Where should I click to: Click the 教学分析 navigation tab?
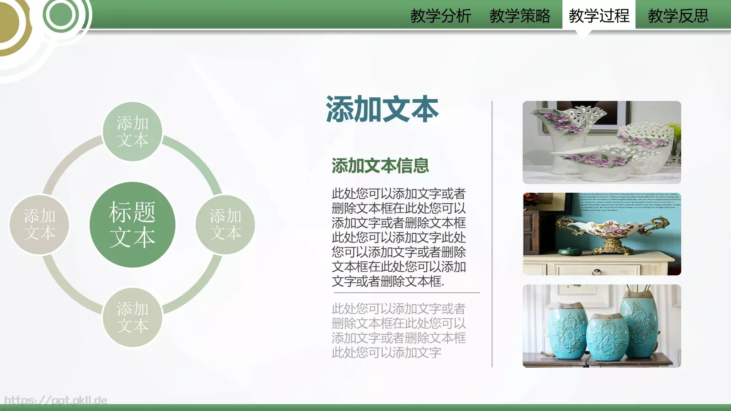pyautogui.click(x=440, y=16)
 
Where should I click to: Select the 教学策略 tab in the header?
pyautogui.click(x=519, y=16)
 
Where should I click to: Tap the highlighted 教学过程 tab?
pyautogui.click(x=599, y=16)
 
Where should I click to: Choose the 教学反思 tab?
pyautogui.click(x=678, y=16)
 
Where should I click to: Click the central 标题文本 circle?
pyautogui.click(x=132, y=225)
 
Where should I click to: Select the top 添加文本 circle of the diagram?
pyautogui.click(x=132, y=132)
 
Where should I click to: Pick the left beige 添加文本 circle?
pyautogui.click(x=39, y=225)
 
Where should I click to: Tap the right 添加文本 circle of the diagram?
pyautogui.click(x=225, y=225)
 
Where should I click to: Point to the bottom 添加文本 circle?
pyautogui.click(x=132, y=317)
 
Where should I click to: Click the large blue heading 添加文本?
pyautogui.click(x=382, y=110)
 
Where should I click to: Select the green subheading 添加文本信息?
pyautogui.click(x=380, y=166)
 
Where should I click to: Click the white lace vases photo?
pyautogui.click(x=602, y=142)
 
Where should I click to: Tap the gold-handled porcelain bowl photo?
pyautogui.click(x=602, y=234)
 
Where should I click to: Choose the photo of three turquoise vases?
pyautogui.click(x=602, y=326)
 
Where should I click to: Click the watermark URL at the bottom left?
pyautogui.click(x=56, y=400)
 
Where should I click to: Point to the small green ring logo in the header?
pyautogui.click(x=61, y=15)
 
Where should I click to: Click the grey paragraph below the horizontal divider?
pyautogui.click(x=398, y=331)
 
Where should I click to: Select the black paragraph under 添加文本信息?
pyautogui.click(x=398, y=237)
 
